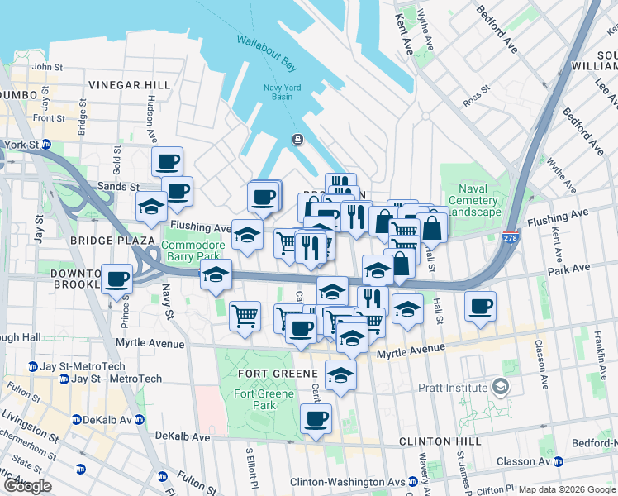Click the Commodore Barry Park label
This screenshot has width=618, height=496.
pos(192,251)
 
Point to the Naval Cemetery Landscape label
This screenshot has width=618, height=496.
pos(473,206)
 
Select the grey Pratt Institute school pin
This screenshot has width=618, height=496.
pos(500,387)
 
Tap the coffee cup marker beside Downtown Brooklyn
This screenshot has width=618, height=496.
pos(116,278)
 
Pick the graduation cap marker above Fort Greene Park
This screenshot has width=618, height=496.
pos(340,374)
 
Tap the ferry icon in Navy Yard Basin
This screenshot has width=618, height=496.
pos(297,140)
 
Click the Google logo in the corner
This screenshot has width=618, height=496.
pos(27,486)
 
